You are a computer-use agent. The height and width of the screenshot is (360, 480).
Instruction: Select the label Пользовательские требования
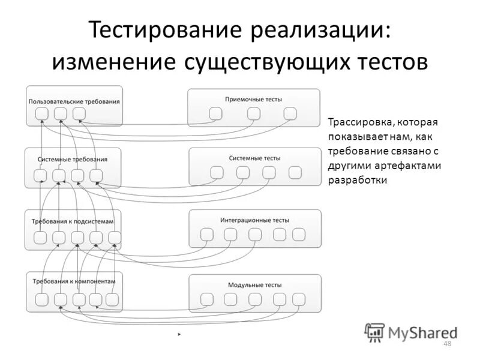tap(74, 101)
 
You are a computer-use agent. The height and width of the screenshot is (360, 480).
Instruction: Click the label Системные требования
tap(73, 159)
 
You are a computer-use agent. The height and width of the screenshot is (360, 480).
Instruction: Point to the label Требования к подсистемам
tap(73, 221)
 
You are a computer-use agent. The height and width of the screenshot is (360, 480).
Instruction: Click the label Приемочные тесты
tap(254, 99)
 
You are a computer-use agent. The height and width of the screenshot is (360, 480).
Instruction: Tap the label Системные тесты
tap(254, 158)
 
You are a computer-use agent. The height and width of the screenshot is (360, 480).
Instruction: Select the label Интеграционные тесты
tap(254, 220)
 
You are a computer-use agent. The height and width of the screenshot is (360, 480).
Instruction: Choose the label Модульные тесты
tap(254, 285)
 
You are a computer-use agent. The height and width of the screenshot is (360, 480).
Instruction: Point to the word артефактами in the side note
tap(410, 166)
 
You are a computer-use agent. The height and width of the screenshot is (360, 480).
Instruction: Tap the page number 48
tap(446, 343)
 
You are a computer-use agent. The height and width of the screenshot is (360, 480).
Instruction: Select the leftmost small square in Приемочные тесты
tap(216, 113)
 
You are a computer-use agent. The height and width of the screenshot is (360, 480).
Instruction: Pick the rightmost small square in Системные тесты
tap(294, 173)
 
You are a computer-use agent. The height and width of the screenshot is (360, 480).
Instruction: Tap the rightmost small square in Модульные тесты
tap(298, 299)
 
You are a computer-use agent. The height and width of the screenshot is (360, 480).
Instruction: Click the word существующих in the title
tap(278, 62)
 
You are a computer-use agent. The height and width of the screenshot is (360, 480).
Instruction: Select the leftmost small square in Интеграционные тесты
tap(207, 235)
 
